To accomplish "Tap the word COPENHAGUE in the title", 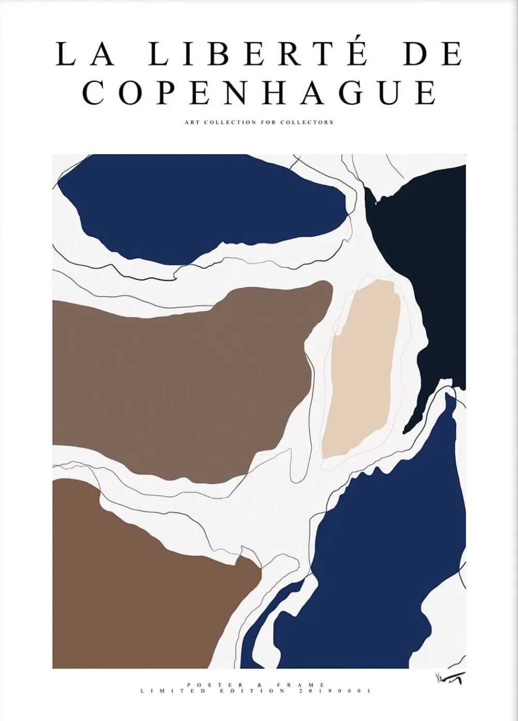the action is point(259,93).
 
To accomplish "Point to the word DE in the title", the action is point(433,53).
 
